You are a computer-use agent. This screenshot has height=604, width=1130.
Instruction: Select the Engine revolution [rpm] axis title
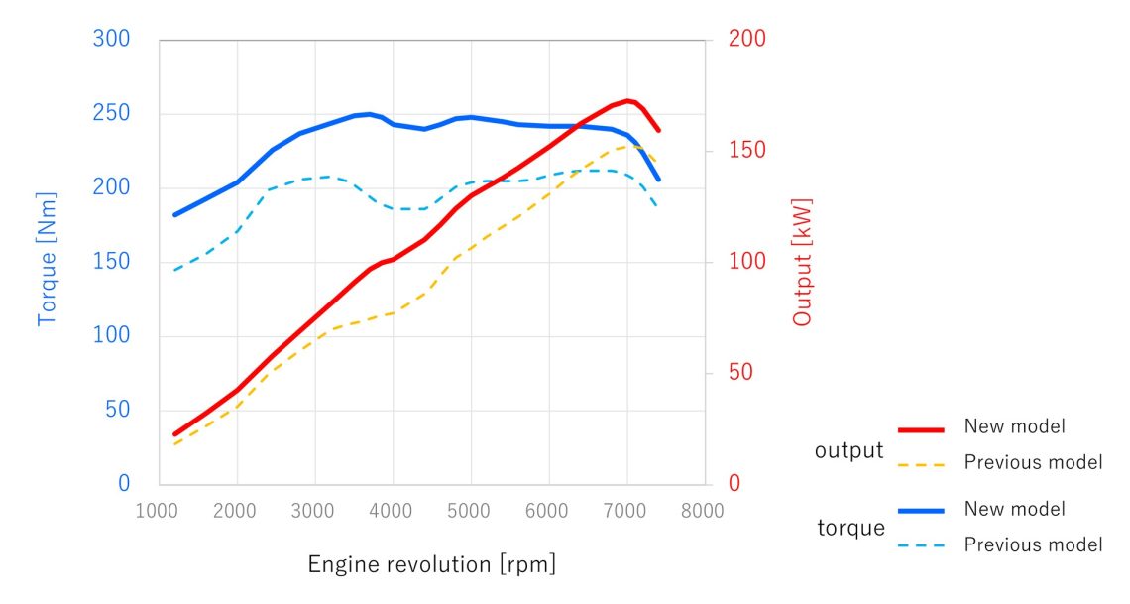(432, 565)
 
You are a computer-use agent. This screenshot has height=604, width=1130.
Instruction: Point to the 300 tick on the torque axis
(111, 40)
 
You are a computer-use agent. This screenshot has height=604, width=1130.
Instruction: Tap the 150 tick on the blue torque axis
(111, 262)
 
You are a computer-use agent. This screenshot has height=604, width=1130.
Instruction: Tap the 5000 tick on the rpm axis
(471, 512)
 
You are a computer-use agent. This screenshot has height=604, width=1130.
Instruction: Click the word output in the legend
(848, 450)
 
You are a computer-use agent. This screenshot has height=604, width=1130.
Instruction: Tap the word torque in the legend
(850, 528)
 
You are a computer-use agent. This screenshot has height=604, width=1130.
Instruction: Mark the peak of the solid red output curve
(626, 100)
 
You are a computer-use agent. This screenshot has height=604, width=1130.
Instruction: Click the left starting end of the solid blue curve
(174, 214)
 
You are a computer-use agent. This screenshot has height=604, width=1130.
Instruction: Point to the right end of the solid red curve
(658, 130)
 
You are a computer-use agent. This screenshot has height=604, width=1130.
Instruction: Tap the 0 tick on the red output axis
(734, 484)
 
